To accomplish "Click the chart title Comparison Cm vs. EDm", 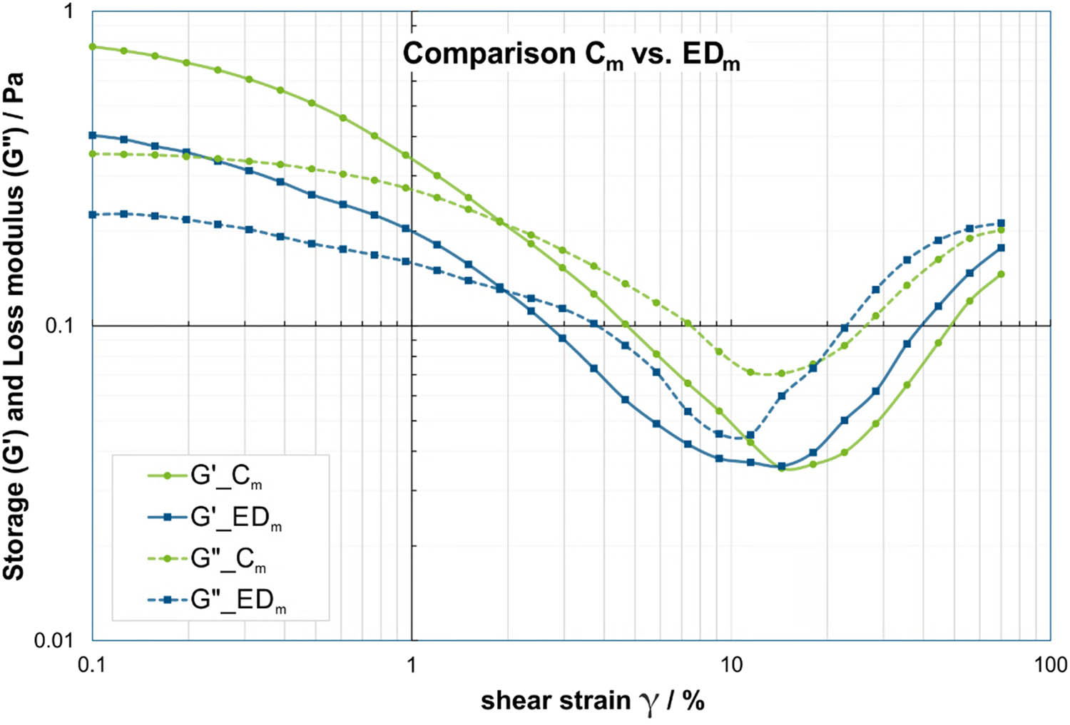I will [571, 55].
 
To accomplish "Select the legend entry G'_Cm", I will [225, 476].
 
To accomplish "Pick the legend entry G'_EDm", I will [235, 518].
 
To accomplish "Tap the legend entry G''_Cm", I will [228, 559].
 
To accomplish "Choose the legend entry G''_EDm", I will [238, 600].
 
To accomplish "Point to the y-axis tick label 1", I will [68, 11].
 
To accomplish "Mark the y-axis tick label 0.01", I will [54, 640].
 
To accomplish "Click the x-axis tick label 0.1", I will [91, 666].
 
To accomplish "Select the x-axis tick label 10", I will [730, 666].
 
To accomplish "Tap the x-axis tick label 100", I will [1050, 666].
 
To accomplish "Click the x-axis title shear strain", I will [592, 701].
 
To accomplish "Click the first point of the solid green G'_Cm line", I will [92, 47].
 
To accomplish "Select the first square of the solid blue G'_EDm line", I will [92, 135].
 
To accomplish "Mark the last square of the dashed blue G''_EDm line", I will [1001, 223].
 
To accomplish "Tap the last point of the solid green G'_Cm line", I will [1001, 274].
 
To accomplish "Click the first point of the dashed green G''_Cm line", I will [92, 153].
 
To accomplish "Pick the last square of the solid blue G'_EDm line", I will [1001, 248].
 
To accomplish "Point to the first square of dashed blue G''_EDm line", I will [92, 215].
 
